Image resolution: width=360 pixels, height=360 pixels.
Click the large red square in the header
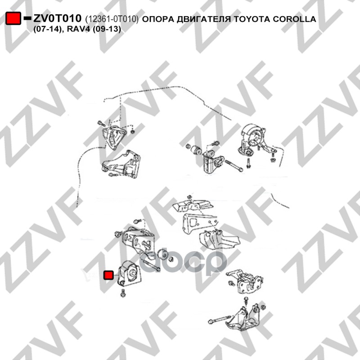(x=13, y=18)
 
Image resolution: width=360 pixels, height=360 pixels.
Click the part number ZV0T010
(x=57, y=18)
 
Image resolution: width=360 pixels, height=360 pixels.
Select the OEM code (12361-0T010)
(x=112, y=19)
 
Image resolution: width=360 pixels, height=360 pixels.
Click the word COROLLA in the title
(x=295, y=19)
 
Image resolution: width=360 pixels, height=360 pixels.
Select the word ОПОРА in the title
(x=158, y=19)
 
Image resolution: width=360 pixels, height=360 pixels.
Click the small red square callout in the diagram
(x=108, y=275)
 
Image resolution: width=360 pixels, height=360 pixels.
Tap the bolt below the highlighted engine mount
(x=123, y=293)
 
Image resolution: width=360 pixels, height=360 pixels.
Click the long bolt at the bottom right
(x=219, y=319)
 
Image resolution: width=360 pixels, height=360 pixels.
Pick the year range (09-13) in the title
(x=107, y=29)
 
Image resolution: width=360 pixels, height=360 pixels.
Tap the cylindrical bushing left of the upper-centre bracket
(x=196, y=150)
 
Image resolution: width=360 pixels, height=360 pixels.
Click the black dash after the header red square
(x=27, y=18)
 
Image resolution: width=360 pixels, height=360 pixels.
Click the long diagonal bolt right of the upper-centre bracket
(x=233, y=166)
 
